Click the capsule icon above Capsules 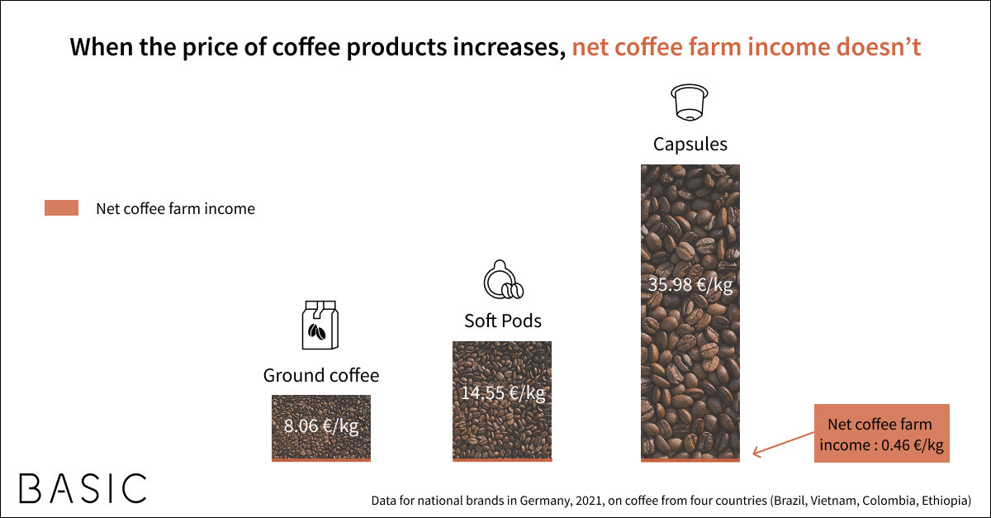[x=690, y=102]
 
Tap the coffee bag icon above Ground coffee [x=320, y=325]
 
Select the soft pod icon [x=503, y=280]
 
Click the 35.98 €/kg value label [x=690, y=285]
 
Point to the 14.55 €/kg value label [x=503, y=393]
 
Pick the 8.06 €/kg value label [x=321, y=426]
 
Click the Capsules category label [x=690, y=145]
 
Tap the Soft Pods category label [x=503, y=321]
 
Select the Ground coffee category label [x=321, y=375]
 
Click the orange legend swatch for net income [x=61, y=207]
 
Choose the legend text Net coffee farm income [x=176, y=208]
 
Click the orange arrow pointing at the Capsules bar [x=783, y=443]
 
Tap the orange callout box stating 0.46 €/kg [x=882, y=434]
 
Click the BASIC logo [x=83, y=488]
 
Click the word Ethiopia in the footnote [x=945, y=501]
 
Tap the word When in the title [x=102, y=47]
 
